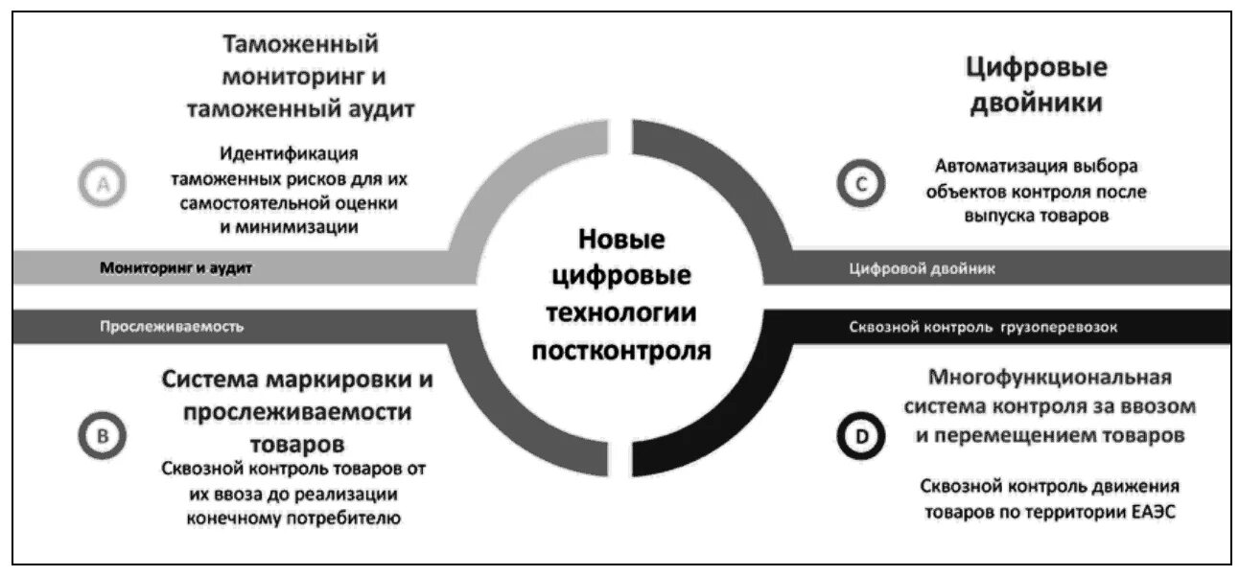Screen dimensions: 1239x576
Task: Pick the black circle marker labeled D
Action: (x=860, y=437)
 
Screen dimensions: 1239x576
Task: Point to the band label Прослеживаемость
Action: (x=172, y=327)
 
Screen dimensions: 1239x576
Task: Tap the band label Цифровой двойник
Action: (x=923, y=269)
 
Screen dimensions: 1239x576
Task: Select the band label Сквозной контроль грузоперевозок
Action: (x=983, y=327)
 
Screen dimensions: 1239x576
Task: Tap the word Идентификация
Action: (x=288, y=153)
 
